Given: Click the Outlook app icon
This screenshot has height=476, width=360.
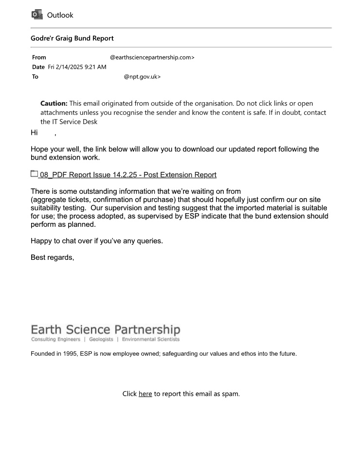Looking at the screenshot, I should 36,15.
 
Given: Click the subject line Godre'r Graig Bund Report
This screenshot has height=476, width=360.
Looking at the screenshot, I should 72,38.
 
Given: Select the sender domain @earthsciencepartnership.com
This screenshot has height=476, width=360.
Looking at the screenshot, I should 152,57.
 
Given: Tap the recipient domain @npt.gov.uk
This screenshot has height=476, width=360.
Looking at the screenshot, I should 142,76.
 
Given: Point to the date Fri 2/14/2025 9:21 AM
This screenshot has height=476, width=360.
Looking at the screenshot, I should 77,67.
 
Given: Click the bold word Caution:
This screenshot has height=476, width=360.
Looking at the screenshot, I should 54,103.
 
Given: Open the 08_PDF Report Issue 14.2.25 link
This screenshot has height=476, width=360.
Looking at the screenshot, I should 128,174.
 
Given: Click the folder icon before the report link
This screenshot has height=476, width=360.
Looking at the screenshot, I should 34,174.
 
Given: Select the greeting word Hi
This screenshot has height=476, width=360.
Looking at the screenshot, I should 34,132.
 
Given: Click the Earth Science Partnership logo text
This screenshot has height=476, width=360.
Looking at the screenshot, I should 105,330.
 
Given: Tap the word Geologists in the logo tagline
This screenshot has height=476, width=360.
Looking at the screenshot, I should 101,339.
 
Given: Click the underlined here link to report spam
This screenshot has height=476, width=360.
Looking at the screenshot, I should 145,394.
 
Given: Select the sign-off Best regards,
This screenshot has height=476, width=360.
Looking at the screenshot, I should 53,257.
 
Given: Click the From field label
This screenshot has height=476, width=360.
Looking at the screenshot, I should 39,57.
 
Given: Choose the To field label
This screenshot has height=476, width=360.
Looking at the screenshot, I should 35,76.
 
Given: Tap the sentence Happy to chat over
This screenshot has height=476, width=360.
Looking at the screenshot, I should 63,240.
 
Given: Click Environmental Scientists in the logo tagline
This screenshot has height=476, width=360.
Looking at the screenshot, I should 150,339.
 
